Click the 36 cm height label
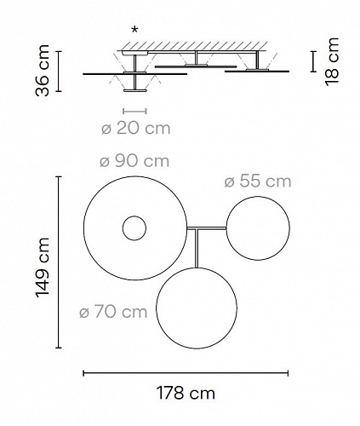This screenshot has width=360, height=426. click(x=42, y=71)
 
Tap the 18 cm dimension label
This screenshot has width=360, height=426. click(x=332, y=61)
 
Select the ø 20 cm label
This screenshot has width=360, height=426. click(x=135, y=129)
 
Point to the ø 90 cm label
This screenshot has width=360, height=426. click(x=134, y=161)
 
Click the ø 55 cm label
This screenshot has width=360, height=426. click(x=258, y=181)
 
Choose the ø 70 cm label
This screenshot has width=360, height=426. click(x=113, y=312)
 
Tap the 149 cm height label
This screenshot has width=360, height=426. click(x=43, y=268)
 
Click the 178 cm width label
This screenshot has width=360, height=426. click(x=186, y=393)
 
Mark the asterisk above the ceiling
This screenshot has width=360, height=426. click(x=135, y=29)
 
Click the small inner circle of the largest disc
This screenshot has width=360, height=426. click(x=134, y=216)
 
